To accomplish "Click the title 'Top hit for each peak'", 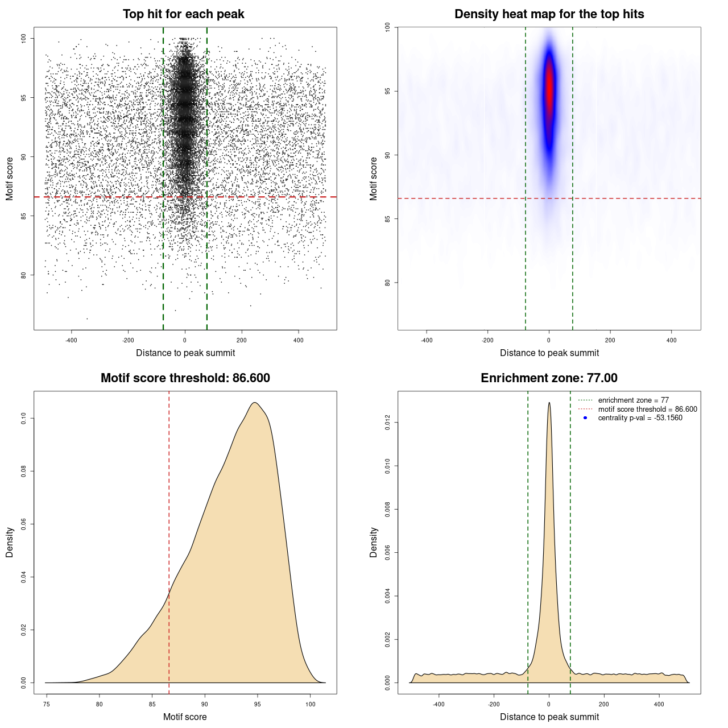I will click(183, 14).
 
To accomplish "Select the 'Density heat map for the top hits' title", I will click(549, 14).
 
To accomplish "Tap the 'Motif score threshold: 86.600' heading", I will click(185, 378).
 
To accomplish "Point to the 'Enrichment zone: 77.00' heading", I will click(549, 378).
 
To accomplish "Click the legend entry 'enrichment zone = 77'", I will click(633, 400).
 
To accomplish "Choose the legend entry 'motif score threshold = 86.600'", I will click(647, 409).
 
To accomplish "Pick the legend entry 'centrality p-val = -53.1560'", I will click(640, 418).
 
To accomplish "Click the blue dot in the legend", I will click(585, 418).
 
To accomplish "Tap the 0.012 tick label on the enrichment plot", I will click(387, 422).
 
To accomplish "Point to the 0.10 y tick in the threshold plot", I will click(23, 419).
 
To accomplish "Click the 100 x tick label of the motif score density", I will click(310, 705).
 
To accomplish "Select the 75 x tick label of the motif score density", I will click(47, 705).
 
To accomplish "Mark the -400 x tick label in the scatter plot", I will click(71, 341).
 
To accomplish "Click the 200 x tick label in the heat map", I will click(610, 341).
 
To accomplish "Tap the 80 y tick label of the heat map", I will click(387, 283).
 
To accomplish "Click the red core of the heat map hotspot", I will click(549, 91).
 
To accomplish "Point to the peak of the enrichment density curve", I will click(549, 403).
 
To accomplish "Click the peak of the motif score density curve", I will click(255, 403).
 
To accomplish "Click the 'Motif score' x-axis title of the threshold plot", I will click(185, 717).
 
